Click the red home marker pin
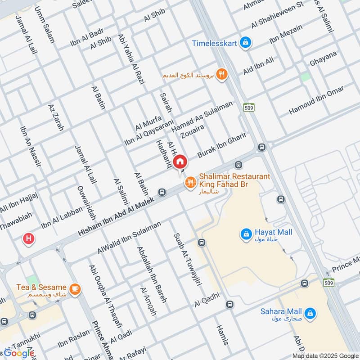coord(180,161)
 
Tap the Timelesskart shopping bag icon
coord(245,43)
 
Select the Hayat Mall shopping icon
coord(246,234)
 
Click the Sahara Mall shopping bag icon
coord(310,313)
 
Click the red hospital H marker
coord(29,238)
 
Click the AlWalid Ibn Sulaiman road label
coord(129,237)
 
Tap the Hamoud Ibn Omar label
coord(316,99)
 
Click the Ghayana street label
coord(323,59)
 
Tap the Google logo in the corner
coord(19,353)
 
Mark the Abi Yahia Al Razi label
coord(129,57)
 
